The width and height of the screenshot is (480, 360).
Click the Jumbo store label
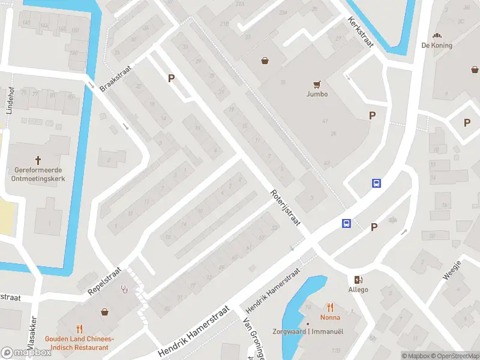(317, 94)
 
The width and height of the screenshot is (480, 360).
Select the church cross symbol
(38, 160)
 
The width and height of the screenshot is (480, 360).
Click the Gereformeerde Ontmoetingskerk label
(38, 173)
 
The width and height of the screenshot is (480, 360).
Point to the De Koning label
(437, 45)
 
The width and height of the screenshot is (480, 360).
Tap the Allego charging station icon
(359, 280)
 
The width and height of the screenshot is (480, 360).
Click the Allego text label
(358, 290)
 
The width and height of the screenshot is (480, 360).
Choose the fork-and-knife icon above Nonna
(330, 307)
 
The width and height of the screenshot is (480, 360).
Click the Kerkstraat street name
(360, 28)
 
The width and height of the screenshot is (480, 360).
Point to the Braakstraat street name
(115, 78)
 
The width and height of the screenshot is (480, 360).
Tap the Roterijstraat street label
(285, 208)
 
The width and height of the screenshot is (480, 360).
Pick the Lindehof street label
(10, 100)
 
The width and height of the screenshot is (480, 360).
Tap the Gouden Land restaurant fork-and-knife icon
(79, 328)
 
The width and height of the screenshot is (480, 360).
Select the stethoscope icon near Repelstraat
(125, 289)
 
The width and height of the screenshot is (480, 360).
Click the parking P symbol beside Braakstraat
(172, 78)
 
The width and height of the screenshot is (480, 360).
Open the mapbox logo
(26, 353)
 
